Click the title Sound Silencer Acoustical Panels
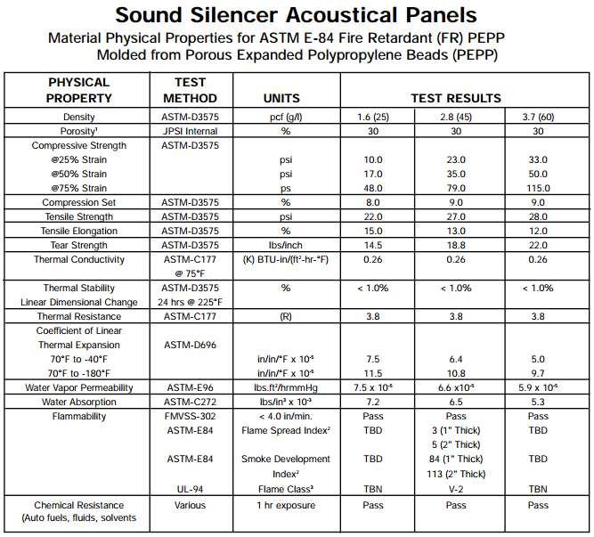click(297, 16)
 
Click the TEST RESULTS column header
click(456, 98)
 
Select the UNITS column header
click(282, 98)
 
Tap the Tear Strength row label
click(79, 245)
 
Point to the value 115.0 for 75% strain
click(538, 188)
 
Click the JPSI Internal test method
click(191, 131)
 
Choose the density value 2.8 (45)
click(456, 117)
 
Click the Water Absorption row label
click(79, 402)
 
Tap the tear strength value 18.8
click(456, 245)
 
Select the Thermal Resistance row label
click(79, 316)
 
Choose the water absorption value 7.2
click(373, 402)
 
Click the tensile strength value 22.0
click(373, 216)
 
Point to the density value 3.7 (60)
click(538, 117)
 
